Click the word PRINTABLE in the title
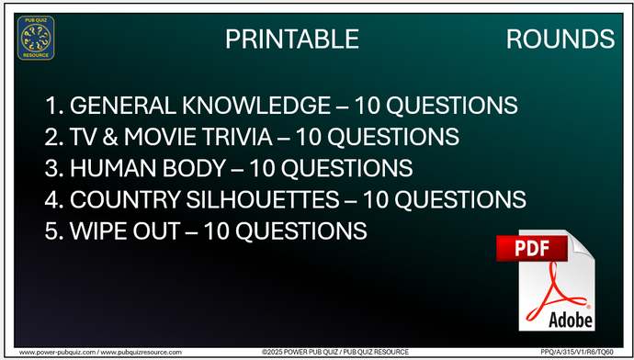coord(291,39)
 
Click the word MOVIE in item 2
coord(170,137)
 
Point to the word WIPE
coord(97,231)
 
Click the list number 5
coord(51,231)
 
